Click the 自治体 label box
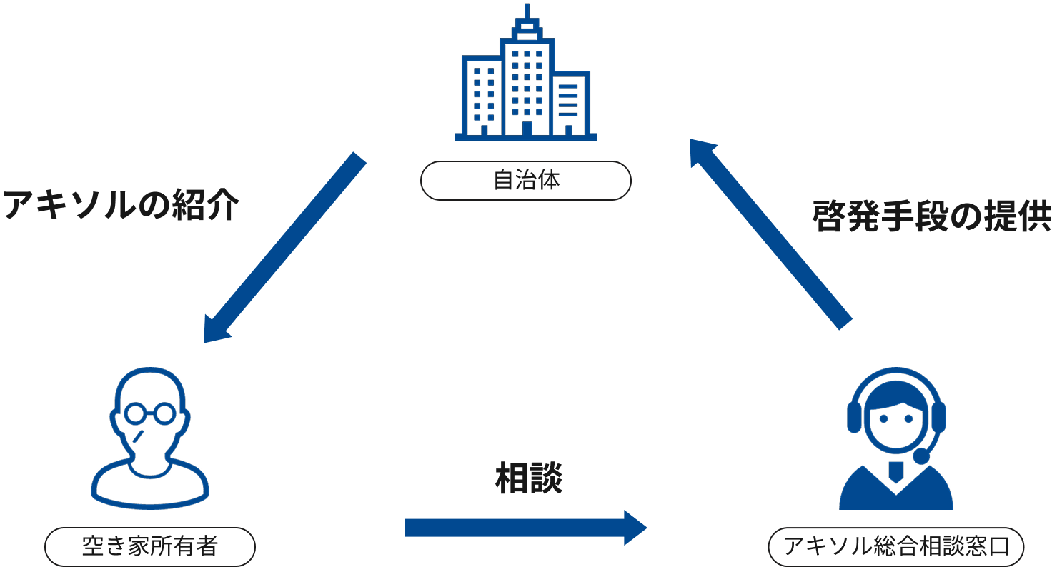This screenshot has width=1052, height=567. pos(526,180)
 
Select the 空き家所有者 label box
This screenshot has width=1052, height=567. pos(149,548)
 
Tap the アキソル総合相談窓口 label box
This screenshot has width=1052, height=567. pos(895,548)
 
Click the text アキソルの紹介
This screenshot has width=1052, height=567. pos(120,207)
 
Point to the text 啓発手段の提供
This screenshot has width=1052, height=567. pos(932,217)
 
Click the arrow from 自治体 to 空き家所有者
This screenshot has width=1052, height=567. pos(286,246)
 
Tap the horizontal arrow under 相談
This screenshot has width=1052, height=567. pos(525,528)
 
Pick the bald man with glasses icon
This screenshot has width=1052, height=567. pos(150,436)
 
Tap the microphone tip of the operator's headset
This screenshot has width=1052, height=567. pos(923,456)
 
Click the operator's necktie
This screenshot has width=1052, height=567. pos(895,471)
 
